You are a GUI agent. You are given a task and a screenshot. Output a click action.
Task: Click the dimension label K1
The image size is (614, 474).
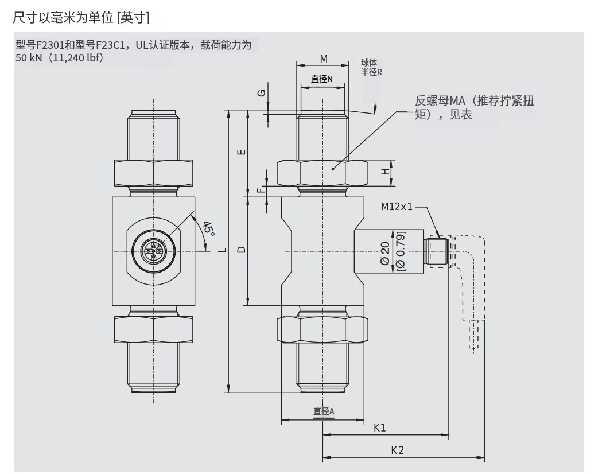(x=379, y=428)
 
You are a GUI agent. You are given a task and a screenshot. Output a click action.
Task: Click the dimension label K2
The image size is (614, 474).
(x=397, y=450)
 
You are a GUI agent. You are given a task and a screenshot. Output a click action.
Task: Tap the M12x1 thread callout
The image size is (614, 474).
(x=397, y=207)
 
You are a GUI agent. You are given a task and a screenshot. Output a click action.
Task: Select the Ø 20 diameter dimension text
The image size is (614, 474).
(x=386, y=252)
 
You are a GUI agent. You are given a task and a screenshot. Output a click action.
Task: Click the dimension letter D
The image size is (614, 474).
(x=242, y=250)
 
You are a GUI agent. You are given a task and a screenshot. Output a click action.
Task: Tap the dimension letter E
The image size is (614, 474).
(x=242, y=152)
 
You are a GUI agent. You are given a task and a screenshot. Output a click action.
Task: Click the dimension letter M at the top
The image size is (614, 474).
(x=323, y=59)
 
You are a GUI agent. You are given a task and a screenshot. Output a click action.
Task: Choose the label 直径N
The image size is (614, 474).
(x=322, y=79)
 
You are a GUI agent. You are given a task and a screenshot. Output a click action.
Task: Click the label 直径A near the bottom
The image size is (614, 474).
(x=323, y=411)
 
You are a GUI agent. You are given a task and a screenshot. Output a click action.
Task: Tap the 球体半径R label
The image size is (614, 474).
(x=371, y=67)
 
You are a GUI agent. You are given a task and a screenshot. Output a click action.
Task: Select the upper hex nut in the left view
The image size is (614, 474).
(x=153, y=172)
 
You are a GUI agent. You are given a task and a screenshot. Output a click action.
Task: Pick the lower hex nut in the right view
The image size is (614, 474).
(x=322, y=329)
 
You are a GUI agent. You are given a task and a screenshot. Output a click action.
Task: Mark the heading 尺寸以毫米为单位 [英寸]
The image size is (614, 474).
(x=81, y=18)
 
